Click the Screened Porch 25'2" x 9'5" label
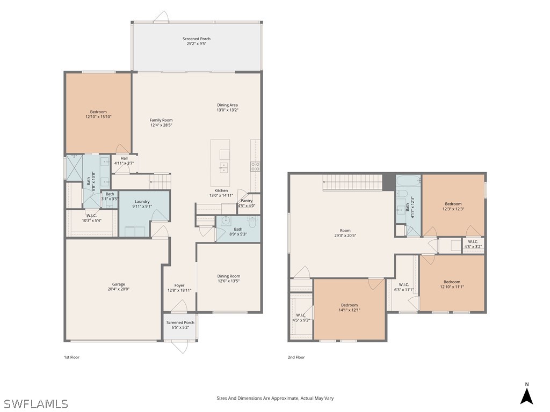[196, 41]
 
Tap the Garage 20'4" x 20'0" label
[118, 286]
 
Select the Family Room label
[161, 123]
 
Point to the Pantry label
[247, 203]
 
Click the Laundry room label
[142, 204]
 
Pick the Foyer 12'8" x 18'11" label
[179, 288]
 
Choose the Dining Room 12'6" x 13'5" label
[228, 278]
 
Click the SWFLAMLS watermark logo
[35, 403]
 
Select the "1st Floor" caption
[71, 357]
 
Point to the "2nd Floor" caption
[296, 357]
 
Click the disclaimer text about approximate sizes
[274, 398]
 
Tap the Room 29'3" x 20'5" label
[345, 233]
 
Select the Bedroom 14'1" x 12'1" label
[349, 307]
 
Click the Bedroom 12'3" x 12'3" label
[453, 206]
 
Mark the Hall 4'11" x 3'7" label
[124, 160]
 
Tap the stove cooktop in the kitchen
[256, 166]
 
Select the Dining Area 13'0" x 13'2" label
[227, 107]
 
